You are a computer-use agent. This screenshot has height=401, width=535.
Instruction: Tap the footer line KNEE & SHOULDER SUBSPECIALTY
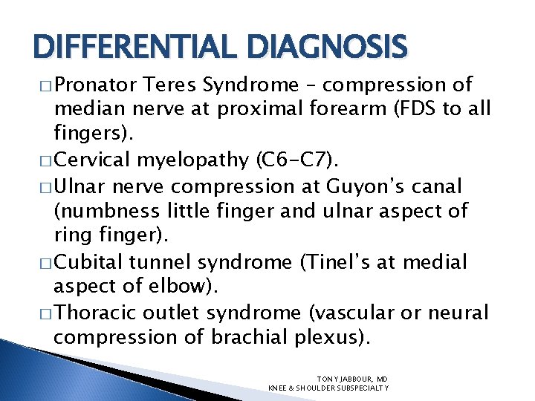tap(328, 388)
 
